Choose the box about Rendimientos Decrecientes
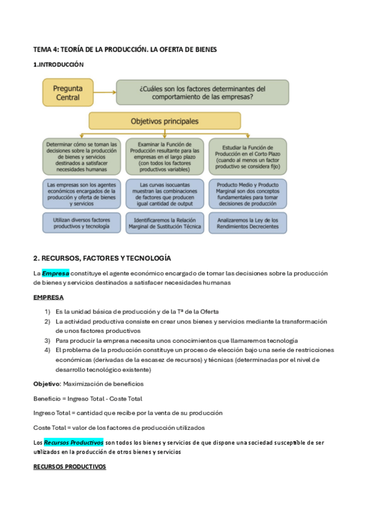point(247,223)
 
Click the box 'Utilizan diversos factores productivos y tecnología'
point(81,223)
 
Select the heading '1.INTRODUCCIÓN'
point(58,64)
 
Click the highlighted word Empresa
point(55,273)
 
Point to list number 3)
point(47,340)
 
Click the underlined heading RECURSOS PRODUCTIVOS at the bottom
point(69,467)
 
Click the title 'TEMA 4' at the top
point(125,48)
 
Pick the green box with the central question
point(203,92)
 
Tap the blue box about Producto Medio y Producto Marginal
point(247,193)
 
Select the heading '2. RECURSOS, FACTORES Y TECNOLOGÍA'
point(102,258)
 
